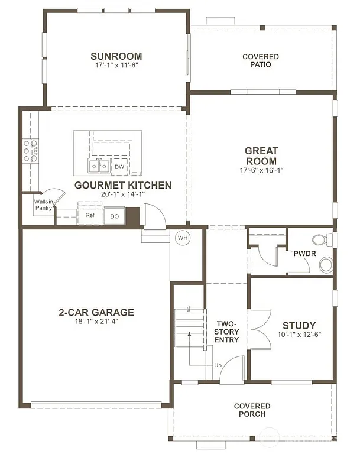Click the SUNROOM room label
pyautogui.click(x=116, y=56)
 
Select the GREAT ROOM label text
pyautogui.click(x=261, y=155)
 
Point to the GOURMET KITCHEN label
pyautogui.click(x=123, y=185)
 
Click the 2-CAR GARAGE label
pyautogui.click(x=96, y=312)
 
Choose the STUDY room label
pyautogui.click(x=299, y=325)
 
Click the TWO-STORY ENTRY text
pyautogui.click(x=227, y=332)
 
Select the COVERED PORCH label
pyautogui.click(x=252, y=410)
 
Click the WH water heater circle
pyautogui.click(x=182, y=238)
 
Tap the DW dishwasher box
pyautogui.click(x=119, y=167)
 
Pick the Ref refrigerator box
pyautogui.click(x=90, y=215)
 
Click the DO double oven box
pyautogui.click(x=114, y=216)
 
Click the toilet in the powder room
pyautogui.click(x=322, y=239)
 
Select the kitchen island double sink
pyautogui.click(x=99, y=166)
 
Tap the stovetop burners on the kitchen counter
pyautogui.click(x=30, y=150)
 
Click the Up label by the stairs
pyautogui.click(x=218, y=365)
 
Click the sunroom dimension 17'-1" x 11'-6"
pyautogui.click(x=116, y=67)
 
